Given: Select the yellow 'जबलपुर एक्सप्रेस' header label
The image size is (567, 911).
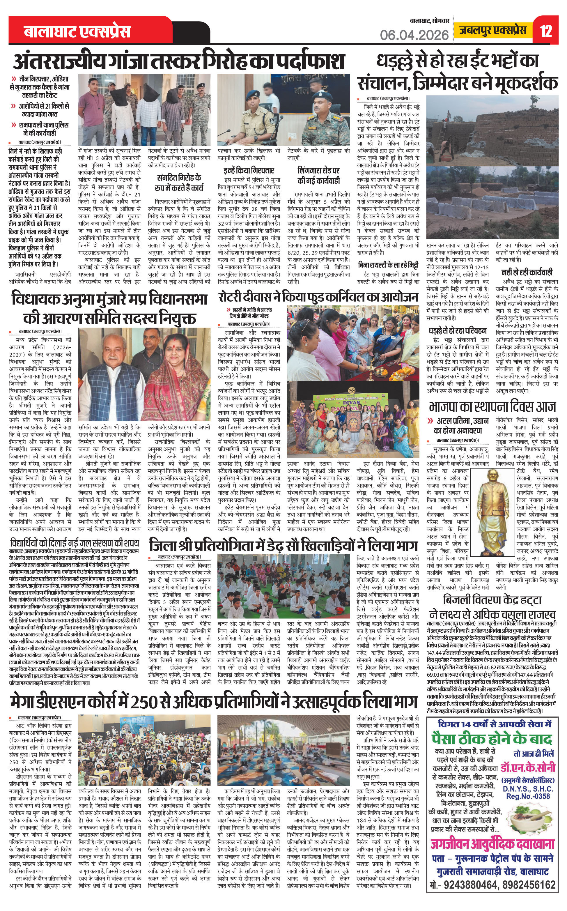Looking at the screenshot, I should (493, 30).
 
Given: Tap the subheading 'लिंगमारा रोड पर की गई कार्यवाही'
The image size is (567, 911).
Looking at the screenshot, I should (318, 175).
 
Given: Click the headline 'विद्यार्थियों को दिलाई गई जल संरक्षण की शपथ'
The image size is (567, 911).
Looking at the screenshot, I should (75, 543).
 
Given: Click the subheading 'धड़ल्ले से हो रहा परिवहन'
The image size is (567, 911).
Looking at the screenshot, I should (458, 330).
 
